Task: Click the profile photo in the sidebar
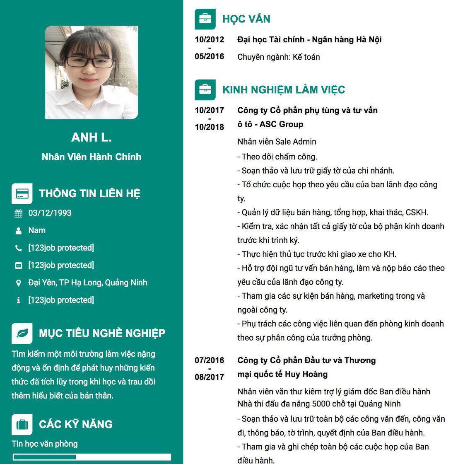92,72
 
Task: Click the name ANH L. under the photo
92,138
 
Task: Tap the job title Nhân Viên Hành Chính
92,157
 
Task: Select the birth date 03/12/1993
50,213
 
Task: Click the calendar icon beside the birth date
19,214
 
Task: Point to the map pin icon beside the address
19,283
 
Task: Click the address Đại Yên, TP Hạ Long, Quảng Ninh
88,283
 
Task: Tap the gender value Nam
37,230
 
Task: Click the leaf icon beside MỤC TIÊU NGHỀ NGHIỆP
22,333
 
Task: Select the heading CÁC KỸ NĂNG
76,424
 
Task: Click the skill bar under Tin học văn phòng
92,457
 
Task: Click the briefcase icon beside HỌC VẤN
205,19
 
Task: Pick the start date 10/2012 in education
210,40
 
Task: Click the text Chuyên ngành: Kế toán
279,57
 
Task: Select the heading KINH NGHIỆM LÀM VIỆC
284,90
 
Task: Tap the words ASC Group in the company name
281,124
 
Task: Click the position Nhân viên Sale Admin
277,142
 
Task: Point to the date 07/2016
210,360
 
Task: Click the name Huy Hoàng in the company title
306,375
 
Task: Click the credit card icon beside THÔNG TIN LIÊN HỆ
22,193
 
